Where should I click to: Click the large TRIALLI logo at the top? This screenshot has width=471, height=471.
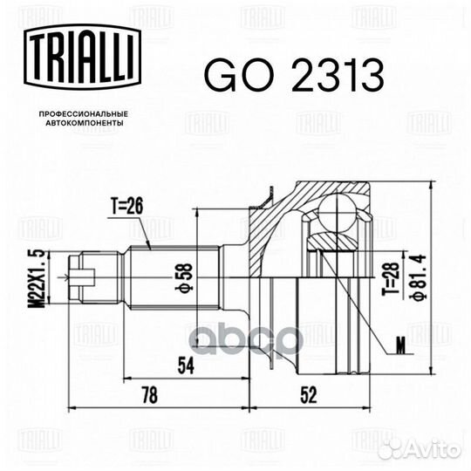coord(82,57)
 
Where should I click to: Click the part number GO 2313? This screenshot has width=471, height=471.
coord(294,75)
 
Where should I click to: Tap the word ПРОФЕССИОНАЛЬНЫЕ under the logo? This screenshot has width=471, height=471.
coord(84,114)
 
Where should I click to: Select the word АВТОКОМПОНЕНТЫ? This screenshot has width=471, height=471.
coord(84,123)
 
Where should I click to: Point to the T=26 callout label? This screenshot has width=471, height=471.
coord(126,206)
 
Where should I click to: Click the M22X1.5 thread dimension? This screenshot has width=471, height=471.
coord(38,278)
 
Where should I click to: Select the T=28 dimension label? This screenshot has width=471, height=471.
coord(391,278)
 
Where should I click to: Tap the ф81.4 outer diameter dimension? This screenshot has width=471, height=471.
coord(418,277)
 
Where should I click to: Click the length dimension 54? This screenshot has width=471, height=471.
coord(186,365)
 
